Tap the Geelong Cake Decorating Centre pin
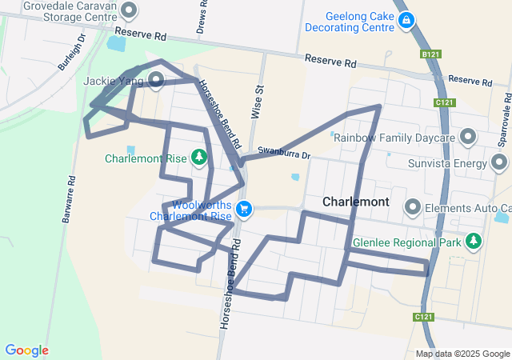pos(406,21)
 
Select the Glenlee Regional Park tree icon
pos(474,242)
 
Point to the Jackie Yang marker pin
pos(156,80)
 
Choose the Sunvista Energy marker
pos(500,164)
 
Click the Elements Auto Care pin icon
pos(414,208)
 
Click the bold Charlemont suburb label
pos(356,202)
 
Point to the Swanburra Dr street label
pos(283,150)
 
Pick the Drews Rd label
pos(202,18)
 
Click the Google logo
pos(26,350)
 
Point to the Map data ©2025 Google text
pos(462,354)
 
